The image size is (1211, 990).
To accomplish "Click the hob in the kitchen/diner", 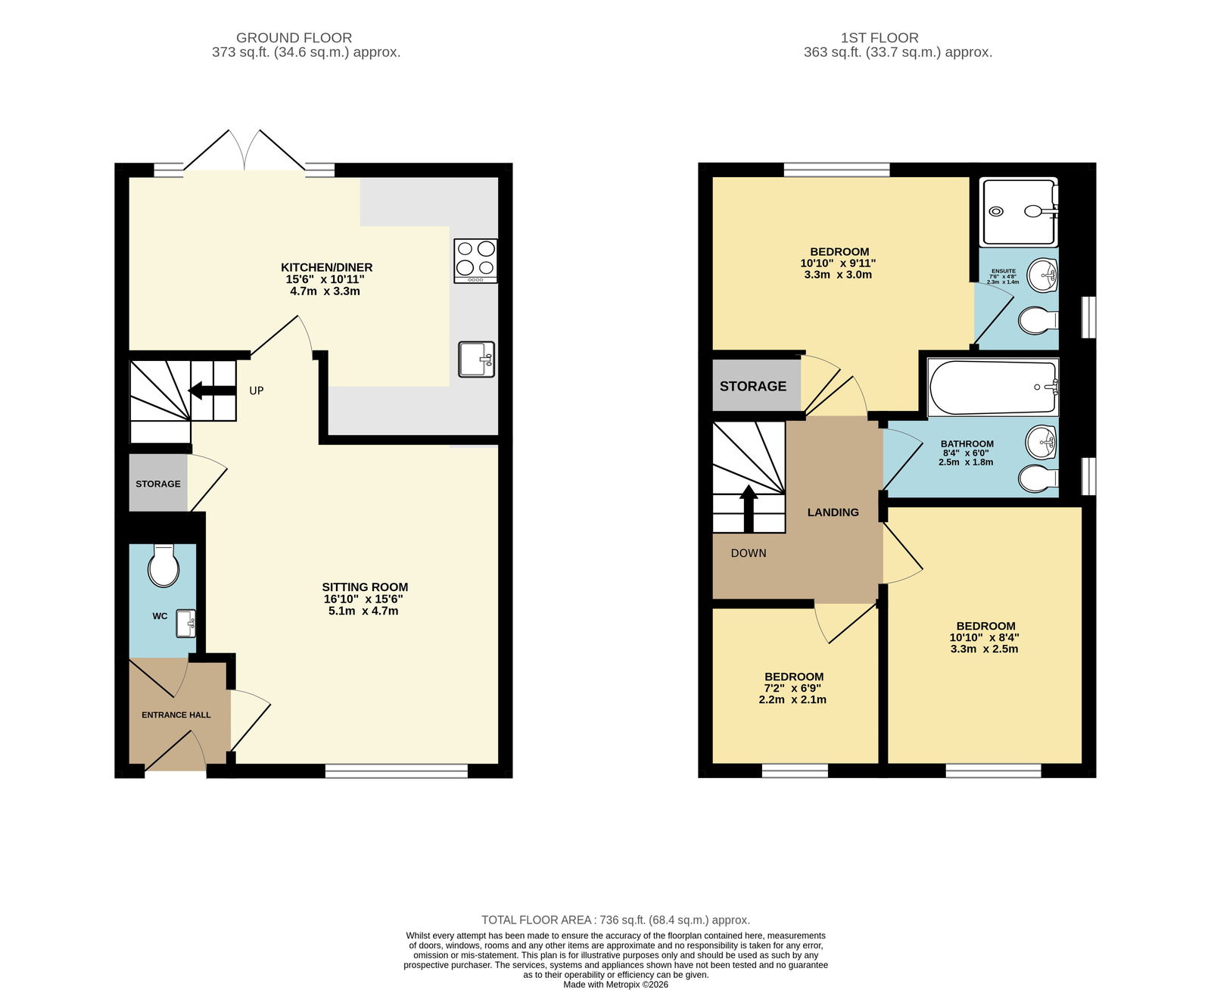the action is click(x=475, y=260).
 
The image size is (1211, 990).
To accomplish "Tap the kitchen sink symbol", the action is click(x=476, y=360).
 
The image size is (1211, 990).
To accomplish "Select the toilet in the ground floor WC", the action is click(x=163, y=565).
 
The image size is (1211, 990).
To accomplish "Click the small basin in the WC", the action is click(x=185, y=624).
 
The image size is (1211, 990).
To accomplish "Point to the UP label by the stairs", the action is click(x=256, y=391).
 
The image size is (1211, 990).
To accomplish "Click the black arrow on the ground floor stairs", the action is click(x=212, y=391).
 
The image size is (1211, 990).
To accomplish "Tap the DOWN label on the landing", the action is click(x=749, y=553).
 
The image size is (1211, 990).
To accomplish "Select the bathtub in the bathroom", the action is click(x=993, y=387).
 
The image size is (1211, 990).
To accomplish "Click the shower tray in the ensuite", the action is click(x=1018, y=212).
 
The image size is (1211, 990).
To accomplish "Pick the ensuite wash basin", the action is click(x=1042, y=275).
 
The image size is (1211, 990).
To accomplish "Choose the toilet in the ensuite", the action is click(x=1038, y=320).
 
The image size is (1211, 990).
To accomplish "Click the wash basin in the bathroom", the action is click(x=1041, y=442).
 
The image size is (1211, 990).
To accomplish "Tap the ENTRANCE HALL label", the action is click(x=176, y=715).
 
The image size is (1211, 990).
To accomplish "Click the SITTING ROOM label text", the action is click(x=365, y=587).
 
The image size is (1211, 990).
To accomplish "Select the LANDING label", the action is click(x=833, y=512).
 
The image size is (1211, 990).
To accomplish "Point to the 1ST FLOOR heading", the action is click(x=879, y=38).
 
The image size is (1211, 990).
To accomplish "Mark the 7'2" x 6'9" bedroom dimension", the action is click(x=792, y=688).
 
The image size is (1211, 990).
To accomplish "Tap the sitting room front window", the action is click(x=396, y=771).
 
